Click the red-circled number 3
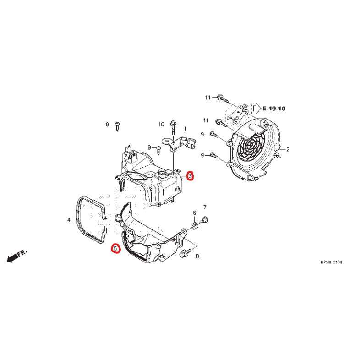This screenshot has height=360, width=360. (191, 176)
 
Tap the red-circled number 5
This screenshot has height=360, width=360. (115, 249)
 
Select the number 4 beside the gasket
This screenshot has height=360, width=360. (69, 220)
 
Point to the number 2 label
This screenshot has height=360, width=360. (288, 149)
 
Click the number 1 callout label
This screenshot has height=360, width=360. (185, 129)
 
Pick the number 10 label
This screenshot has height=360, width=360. (161, 124)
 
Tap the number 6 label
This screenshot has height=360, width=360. (194, 213)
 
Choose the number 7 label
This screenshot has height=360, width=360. (205, 207)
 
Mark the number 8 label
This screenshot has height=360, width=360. (197, 256)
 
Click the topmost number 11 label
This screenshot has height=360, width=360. (207, 98)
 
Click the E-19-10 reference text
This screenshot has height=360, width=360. (274, 109)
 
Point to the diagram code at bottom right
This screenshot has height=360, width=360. (331, 262)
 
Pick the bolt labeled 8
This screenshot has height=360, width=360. (186, 252)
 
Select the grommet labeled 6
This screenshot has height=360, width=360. (194, 226)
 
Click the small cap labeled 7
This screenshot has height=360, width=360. (204, 220)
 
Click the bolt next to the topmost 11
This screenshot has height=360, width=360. (221, 98)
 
